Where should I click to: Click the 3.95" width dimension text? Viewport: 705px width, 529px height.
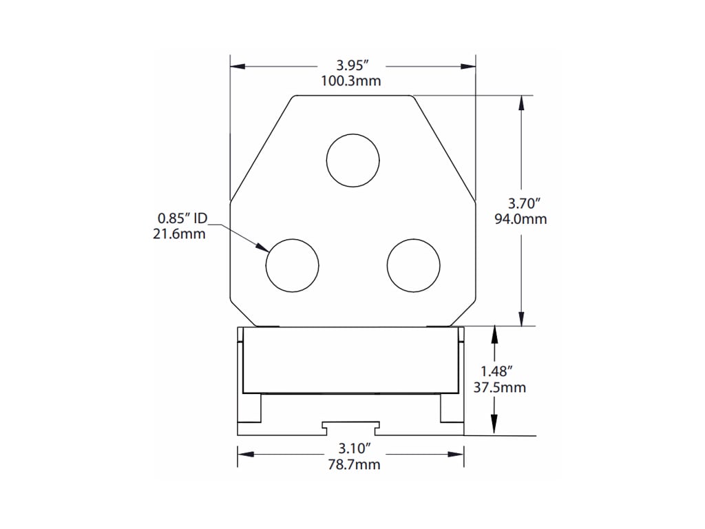(x=352, y=65)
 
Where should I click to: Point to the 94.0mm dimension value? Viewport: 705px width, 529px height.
(x=520, y=219)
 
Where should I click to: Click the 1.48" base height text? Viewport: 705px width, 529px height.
(x=499, y=372)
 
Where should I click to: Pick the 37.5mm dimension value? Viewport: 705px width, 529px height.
(x=500, y=387)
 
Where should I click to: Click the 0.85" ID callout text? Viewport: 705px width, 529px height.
(x=182, y=218)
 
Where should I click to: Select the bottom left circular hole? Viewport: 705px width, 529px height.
(x=293, y=265)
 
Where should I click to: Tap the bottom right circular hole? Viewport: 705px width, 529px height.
(x=413, y=265)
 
